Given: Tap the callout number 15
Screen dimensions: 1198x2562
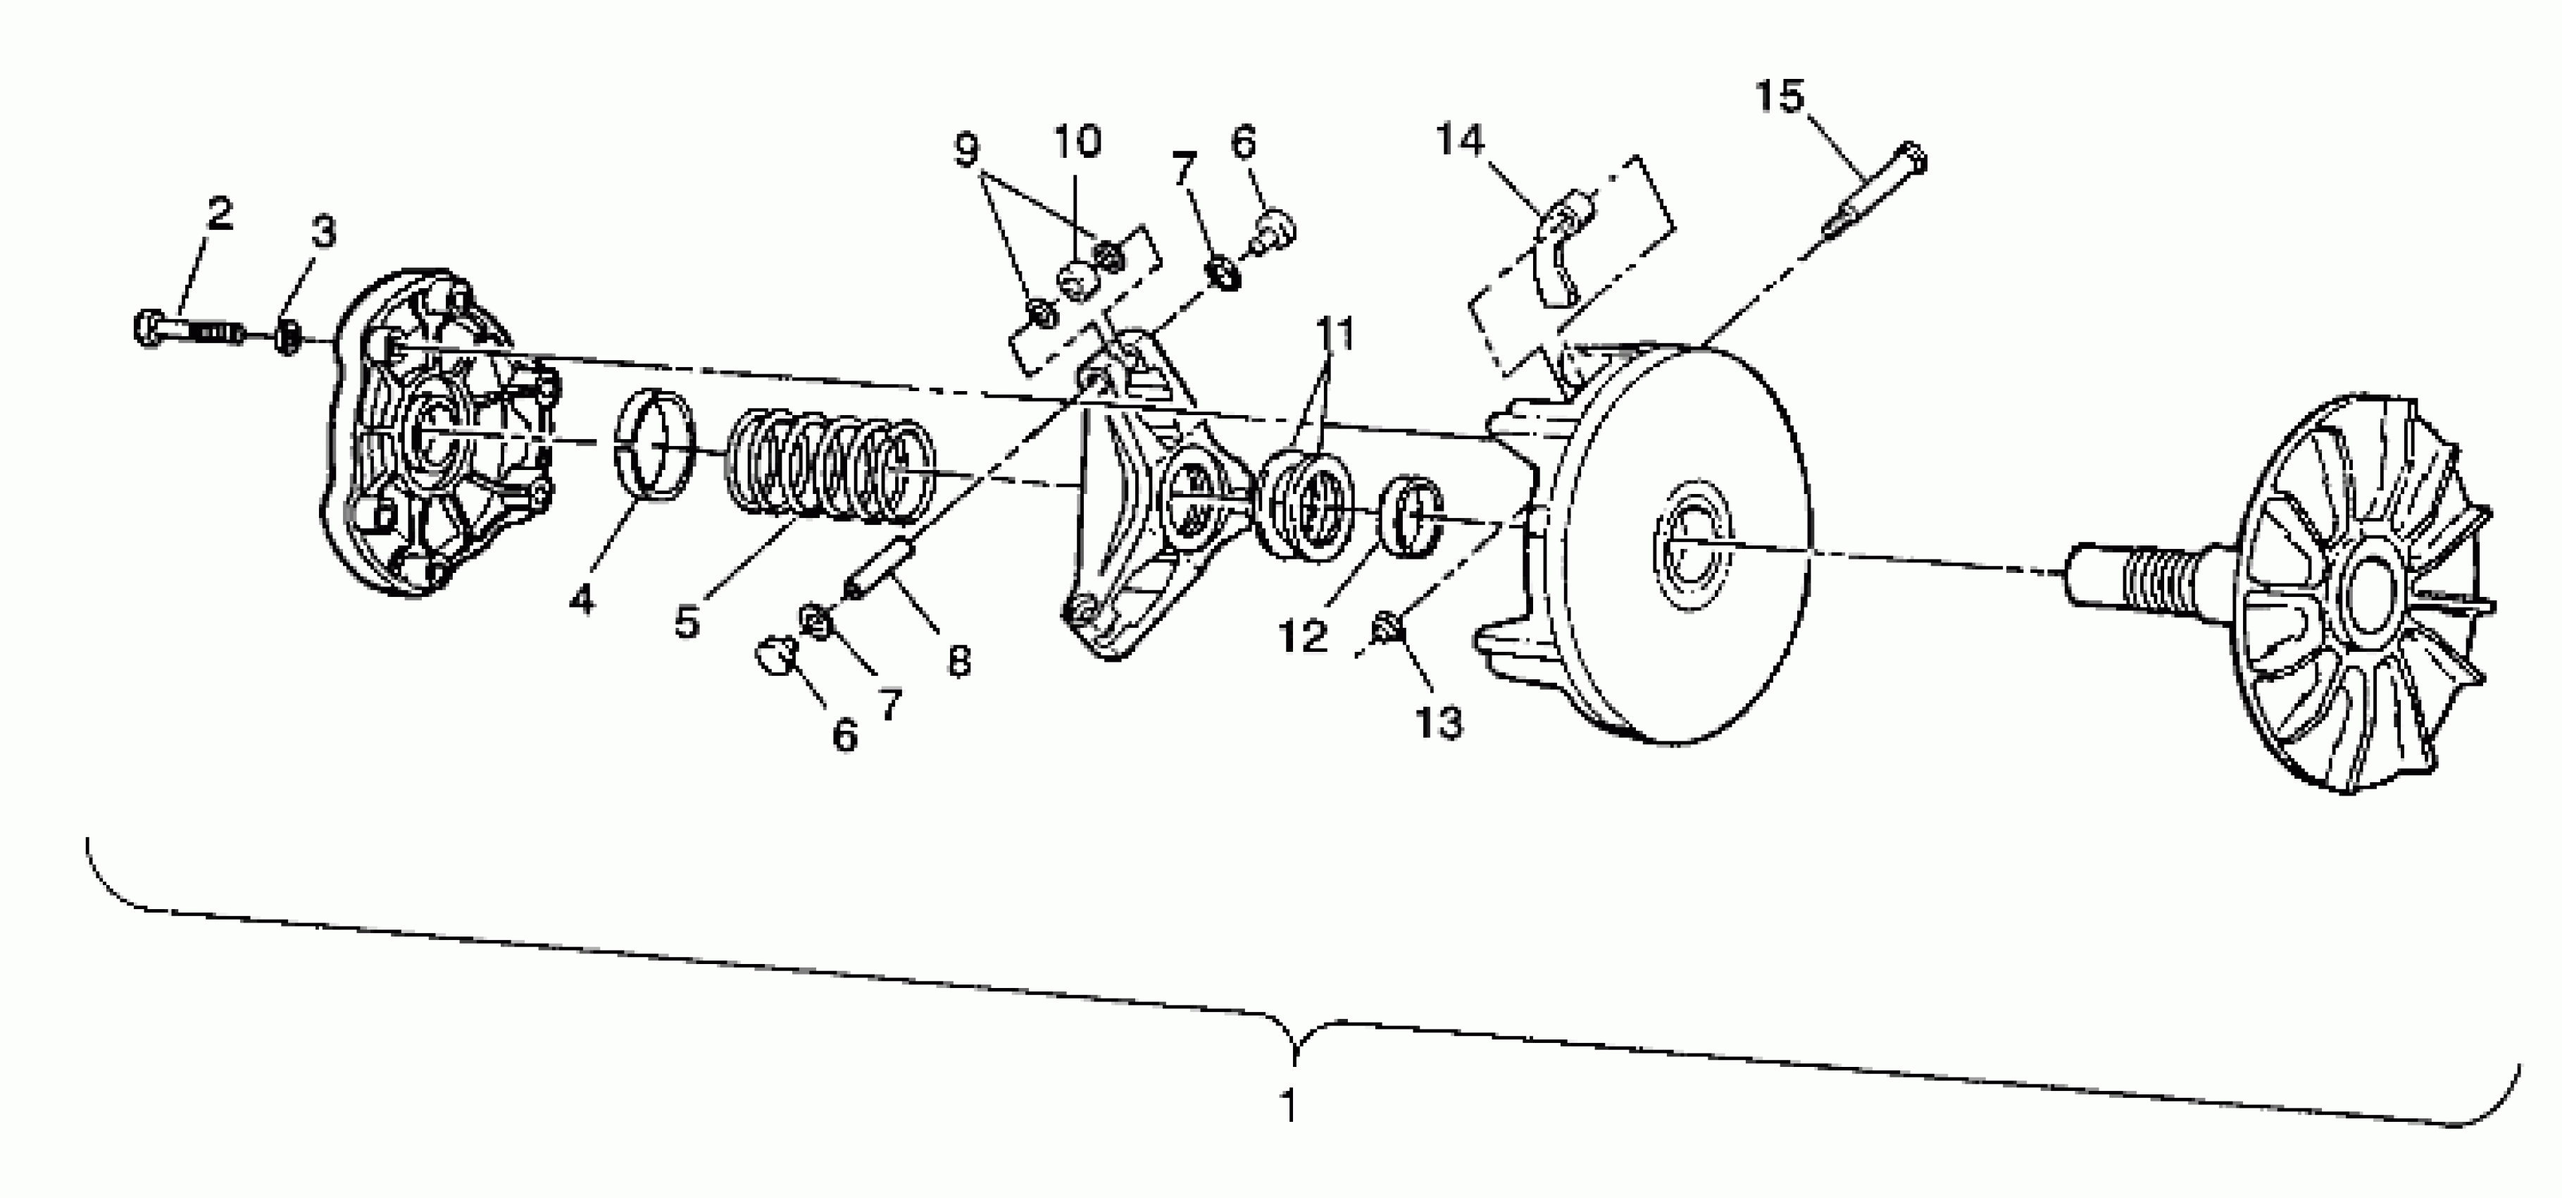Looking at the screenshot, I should coord(1777,97).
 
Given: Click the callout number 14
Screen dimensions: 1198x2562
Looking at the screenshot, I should coord(1459,140).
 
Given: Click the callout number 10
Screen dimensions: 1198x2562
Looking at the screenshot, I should coord(1076,142).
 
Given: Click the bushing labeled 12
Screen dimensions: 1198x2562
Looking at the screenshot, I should coord(1411,514).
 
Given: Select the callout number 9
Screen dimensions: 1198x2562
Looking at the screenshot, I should coord(966,149).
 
